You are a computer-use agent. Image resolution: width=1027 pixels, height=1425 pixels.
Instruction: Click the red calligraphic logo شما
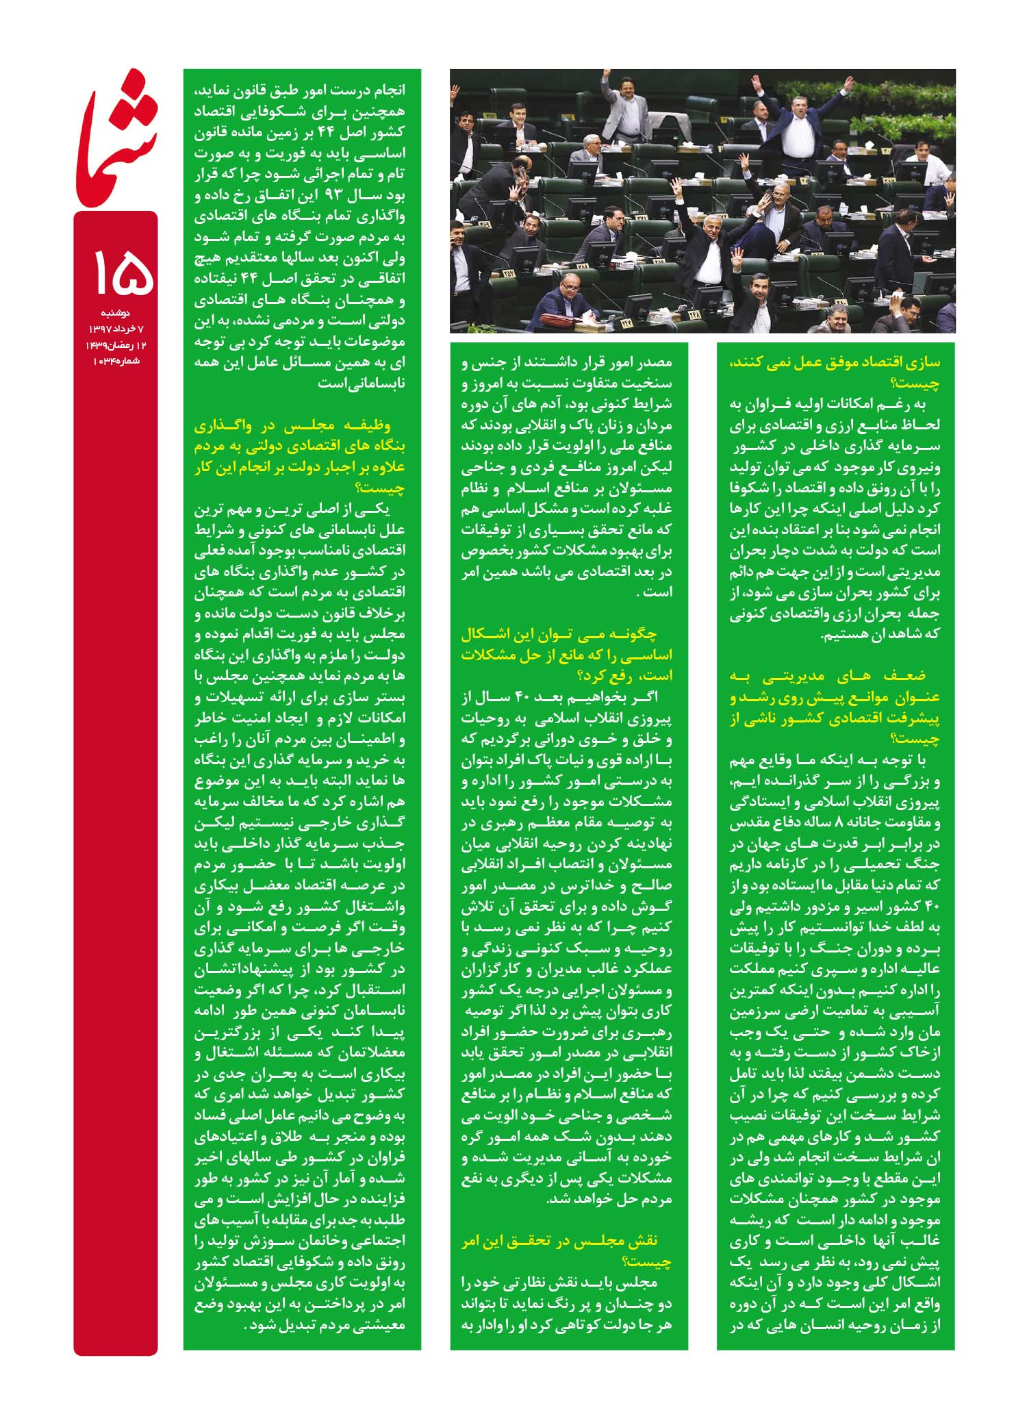tap(116, 137)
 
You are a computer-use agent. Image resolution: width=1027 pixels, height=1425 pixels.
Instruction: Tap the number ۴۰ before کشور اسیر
tap(933, 907)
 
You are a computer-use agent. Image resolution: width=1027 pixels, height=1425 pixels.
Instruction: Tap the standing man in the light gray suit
tap(626, 110)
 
